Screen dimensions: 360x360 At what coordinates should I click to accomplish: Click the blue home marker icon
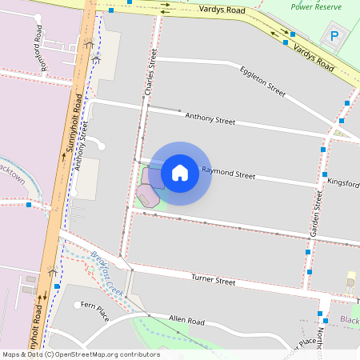(180, 172)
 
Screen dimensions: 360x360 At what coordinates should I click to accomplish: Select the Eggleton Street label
(262, 82)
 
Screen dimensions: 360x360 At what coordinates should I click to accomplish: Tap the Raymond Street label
(228, 173)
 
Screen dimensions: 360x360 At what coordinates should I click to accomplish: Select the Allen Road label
(186, 321)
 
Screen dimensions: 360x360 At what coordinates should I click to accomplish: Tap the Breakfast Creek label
(106, 273)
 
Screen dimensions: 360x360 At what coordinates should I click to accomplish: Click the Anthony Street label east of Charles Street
(210, 119)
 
